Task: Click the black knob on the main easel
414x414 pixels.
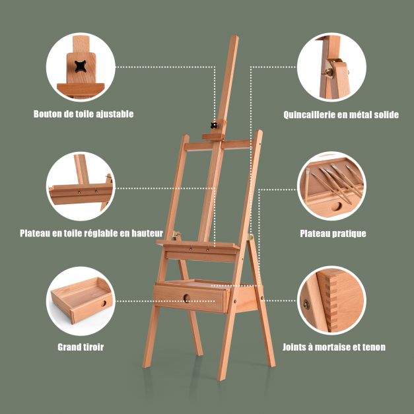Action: point(215,125)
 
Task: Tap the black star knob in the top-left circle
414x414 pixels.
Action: point(81,66)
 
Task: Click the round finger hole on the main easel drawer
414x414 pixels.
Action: point(187,298)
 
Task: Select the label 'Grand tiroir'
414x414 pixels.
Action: point(81,347)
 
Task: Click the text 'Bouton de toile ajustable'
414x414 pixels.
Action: point(83,114)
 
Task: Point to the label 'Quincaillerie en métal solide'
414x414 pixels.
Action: point(341,115)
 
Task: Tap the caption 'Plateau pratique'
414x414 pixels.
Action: point(333,233)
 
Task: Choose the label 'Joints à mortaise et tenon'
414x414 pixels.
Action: point(334,347)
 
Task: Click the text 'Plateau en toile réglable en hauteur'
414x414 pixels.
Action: point(91,233)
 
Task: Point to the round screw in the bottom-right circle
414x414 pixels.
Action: point(306,304)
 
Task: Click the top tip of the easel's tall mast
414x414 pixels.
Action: point(234,37)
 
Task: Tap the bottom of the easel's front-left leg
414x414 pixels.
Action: point(146,366)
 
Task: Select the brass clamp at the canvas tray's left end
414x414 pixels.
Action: point(176,234)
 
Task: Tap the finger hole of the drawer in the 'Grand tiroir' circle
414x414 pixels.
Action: point(104,304)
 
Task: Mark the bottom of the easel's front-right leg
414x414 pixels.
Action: point(221,378)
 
